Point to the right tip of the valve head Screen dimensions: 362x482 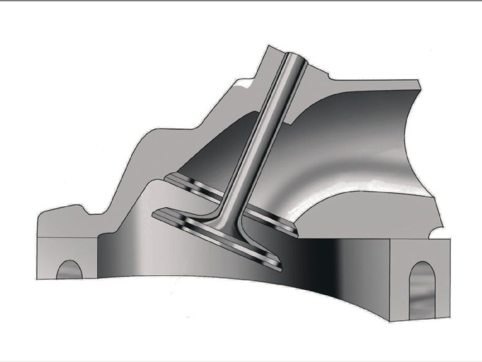pos(281,264)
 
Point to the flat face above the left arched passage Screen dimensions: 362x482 pos(67,248)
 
